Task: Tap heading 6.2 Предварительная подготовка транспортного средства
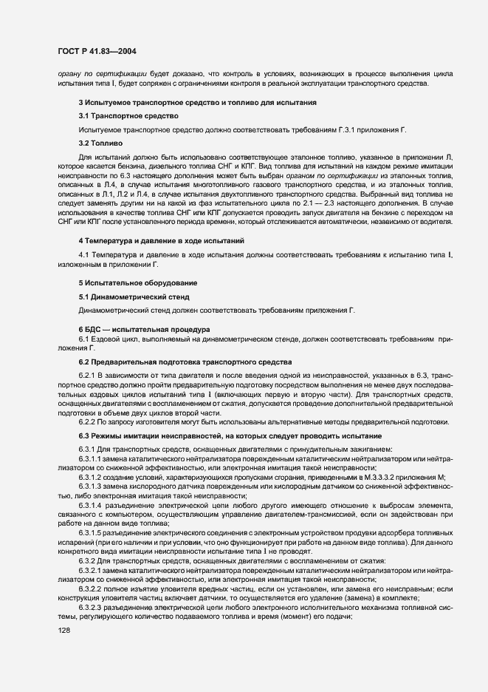186,361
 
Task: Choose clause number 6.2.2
90,421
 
